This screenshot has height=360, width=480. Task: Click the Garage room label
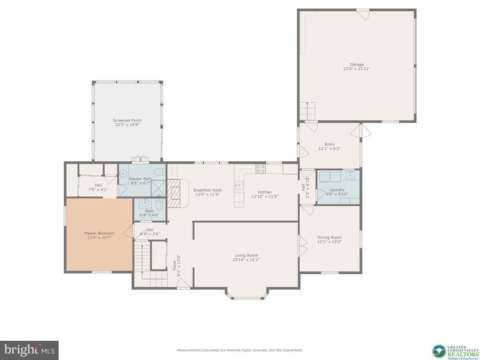point(356,64)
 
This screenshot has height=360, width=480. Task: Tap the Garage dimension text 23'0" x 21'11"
point(356,69)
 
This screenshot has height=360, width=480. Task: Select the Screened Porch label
point(127,120)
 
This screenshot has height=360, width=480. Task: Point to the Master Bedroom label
point(99,233)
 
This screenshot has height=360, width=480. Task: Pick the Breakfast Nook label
point(207,190)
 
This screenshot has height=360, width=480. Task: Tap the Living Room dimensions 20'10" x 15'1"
point(246,260)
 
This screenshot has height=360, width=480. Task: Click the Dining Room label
point(330,237)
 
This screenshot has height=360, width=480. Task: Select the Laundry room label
point(337,190)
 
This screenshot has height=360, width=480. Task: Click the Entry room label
point(330,144)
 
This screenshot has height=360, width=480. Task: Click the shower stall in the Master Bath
point(158,188)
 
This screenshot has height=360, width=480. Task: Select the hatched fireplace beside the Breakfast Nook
point(174,193)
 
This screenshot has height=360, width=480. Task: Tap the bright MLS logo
point(29,350)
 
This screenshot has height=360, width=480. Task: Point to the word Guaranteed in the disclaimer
point(291,350)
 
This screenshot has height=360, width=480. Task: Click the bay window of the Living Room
point(247,296)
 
